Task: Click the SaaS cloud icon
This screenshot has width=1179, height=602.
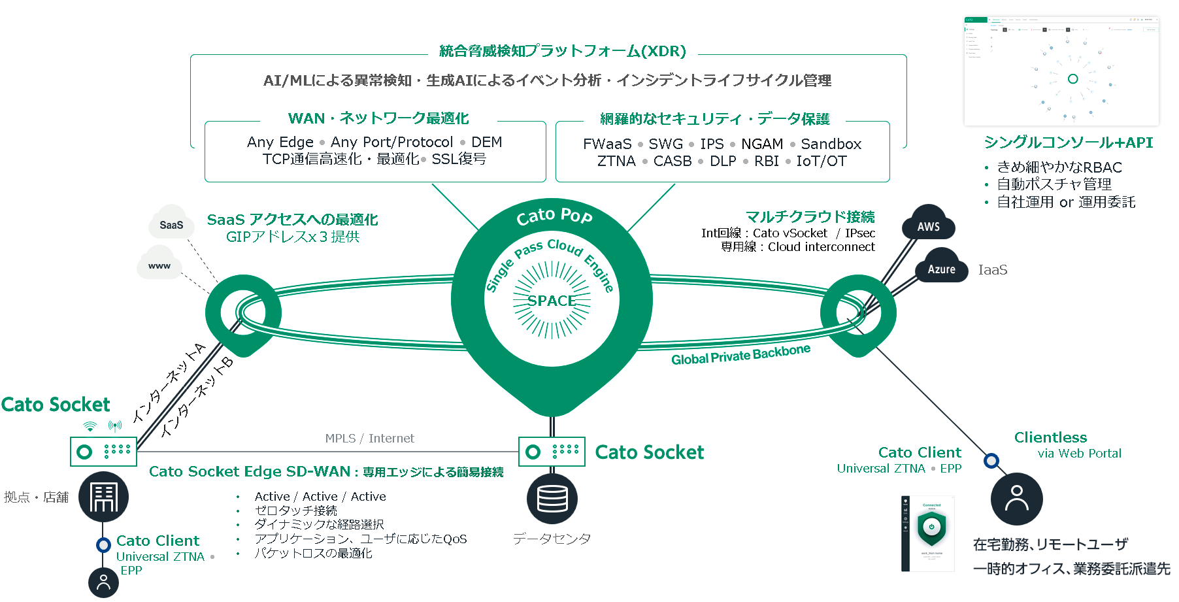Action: click(171, 224)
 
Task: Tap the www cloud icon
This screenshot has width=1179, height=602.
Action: click(159, 264)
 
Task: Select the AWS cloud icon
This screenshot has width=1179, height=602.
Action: click(928, 226)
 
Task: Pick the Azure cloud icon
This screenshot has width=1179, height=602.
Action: click(941, 268)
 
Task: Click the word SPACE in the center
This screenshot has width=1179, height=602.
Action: click(552, 301)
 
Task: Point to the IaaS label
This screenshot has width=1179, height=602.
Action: click(992, 270)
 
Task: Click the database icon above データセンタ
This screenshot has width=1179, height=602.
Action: click(552, 499)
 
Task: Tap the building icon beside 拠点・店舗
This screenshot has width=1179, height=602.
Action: click(103, 497)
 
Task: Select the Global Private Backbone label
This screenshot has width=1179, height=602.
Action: click(740, 355)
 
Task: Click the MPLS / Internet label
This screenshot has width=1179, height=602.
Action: click(369, 439)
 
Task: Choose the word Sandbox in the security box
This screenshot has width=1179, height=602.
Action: click(831, 144)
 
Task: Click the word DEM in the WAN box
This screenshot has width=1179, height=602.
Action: click(486, 142)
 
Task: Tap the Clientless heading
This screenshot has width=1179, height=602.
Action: click(1050, 437)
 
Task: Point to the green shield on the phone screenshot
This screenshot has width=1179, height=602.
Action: click(931, 527)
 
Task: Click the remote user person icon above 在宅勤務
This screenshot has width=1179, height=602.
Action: click(1016, 499)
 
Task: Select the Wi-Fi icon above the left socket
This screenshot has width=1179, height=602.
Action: click(90, 427)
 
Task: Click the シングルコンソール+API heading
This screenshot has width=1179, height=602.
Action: click(1068, 142)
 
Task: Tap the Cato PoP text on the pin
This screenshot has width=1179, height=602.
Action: click(554, 215)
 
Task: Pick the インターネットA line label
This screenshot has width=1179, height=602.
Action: click(169, 381)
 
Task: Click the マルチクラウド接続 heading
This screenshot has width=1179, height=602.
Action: click(810, 217)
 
